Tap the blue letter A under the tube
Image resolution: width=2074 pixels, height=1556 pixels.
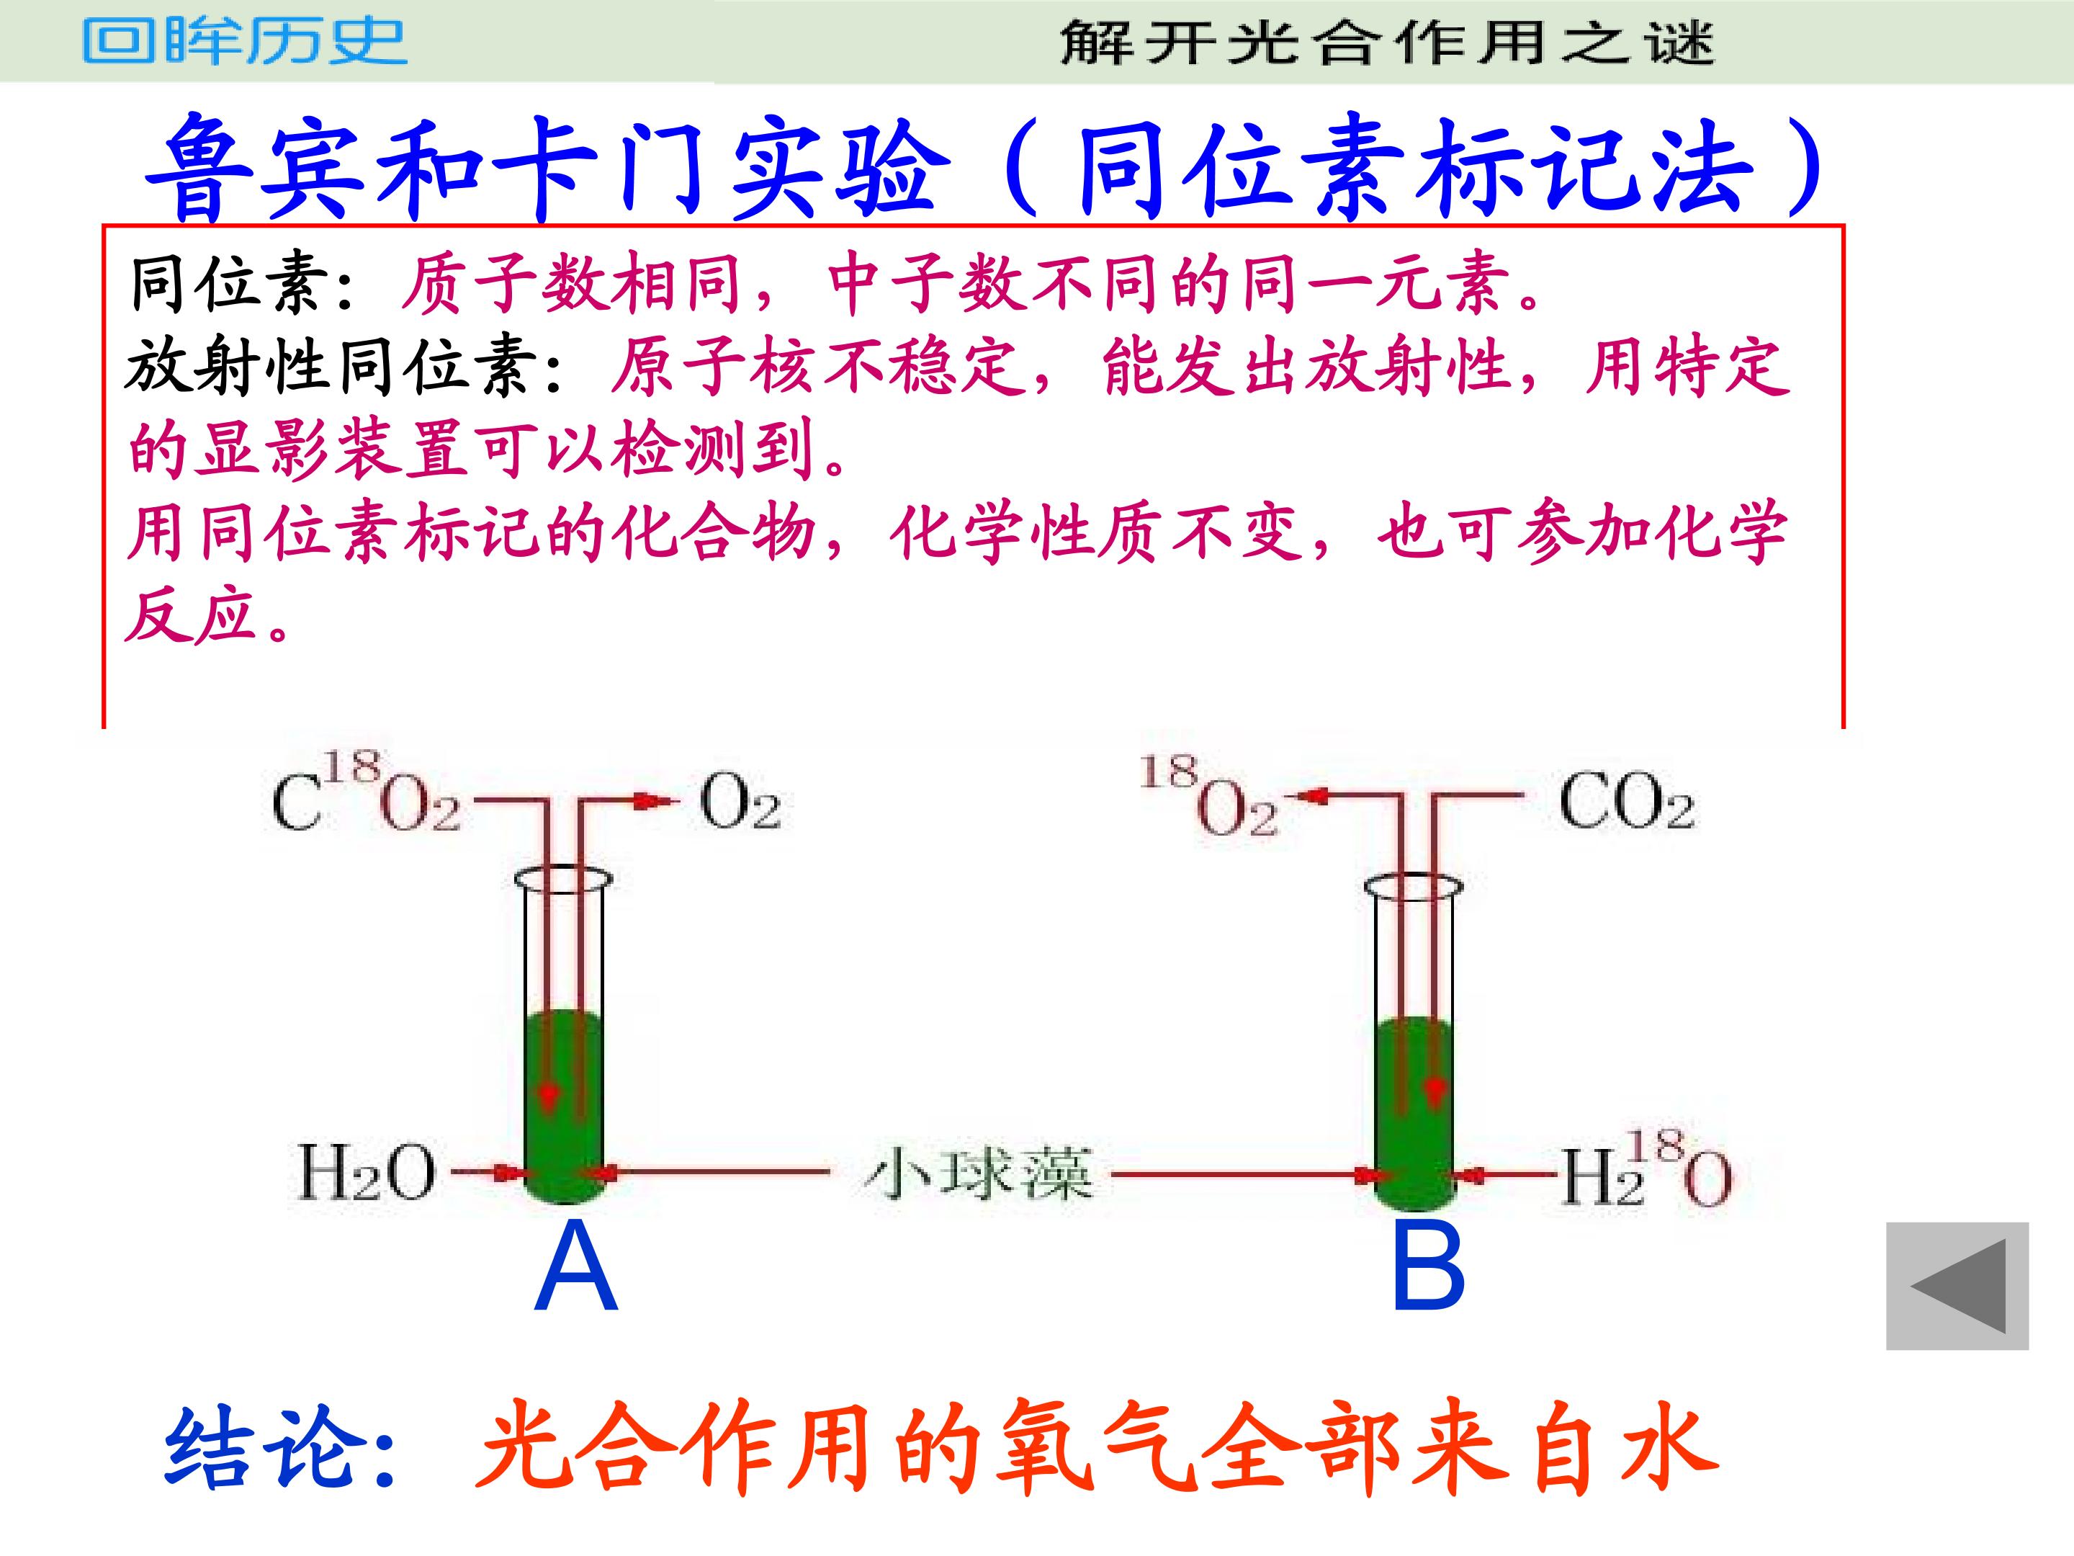[575, 1269]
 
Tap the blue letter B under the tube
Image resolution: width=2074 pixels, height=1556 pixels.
[1428, 1269]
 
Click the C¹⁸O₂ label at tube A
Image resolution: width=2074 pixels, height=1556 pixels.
[366, 795]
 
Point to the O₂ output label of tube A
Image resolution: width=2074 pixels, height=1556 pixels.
[740, 805]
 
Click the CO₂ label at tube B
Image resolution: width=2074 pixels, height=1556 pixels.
[1626, 804]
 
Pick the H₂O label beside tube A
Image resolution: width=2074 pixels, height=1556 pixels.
[367, 1172]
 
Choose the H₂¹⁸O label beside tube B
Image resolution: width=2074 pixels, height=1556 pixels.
[1646, 1170]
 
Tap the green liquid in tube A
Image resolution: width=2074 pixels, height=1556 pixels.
[562, 1106]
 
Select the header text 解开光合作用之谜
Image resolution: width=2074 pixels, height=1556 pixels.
[1387, 43]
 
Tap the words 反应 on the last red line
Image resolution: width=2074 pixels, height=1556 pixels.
[192, 616]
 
